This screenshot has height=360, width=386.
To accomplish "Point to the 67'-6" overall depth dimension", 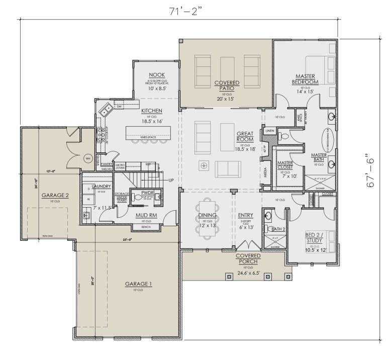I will pyautogui.click(x=372, y=177).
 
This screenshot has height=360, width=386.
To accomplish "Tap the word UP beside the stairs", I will pyautogui.click(x=170, y=179).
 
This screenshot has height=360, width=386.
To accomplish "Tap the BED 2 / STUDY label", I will pyautogui.click(x=317, y=238).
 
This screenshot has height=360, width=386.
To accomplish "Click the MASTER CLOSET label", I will pyautogui.click(x=284, y=165).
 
